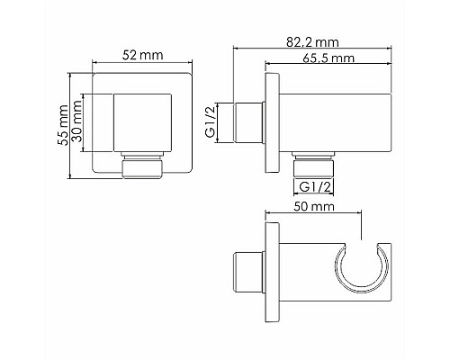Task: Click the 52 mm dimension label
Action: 142,56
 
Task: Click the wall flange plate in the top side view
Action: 269,121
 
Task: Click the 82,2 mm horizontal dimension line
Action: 315,49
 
